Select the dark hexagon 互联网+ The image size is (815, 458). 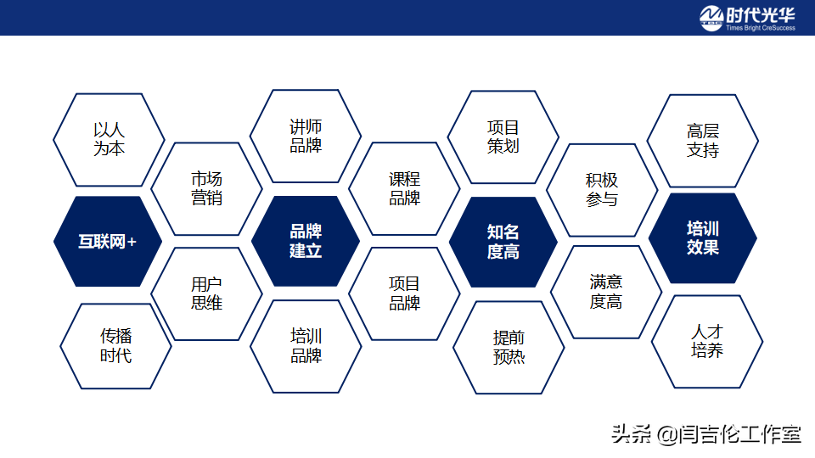pos(108,242)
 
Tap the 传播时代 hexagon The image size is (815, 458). pos(115,346)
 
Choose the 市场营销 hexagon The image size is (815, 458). pos(206,189)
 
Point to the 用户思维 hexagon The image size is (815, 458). pos(206,293)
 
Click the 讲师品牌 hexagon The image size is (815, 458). pos(306,136)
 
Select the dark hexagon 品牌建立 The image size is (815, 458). pos(306,242)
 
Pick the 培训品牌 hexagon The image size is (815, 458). pos(306,346)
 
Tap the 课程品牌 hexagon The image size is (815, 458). pos(404,189)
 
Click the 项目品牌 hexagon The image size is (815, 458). pos(404,293)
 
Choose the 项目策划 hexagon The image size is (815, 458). pos(503,137)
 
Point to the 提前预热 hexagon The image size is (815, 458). pos(509,347)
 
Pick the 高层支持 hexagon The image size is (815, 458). pos(702,141)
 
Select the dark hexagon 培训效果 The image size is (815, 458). pos(702,238)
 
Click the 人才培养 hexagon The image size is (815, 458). pos(706,341)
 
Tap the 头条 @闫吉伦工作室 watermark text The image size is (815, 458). pos(705,434)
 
